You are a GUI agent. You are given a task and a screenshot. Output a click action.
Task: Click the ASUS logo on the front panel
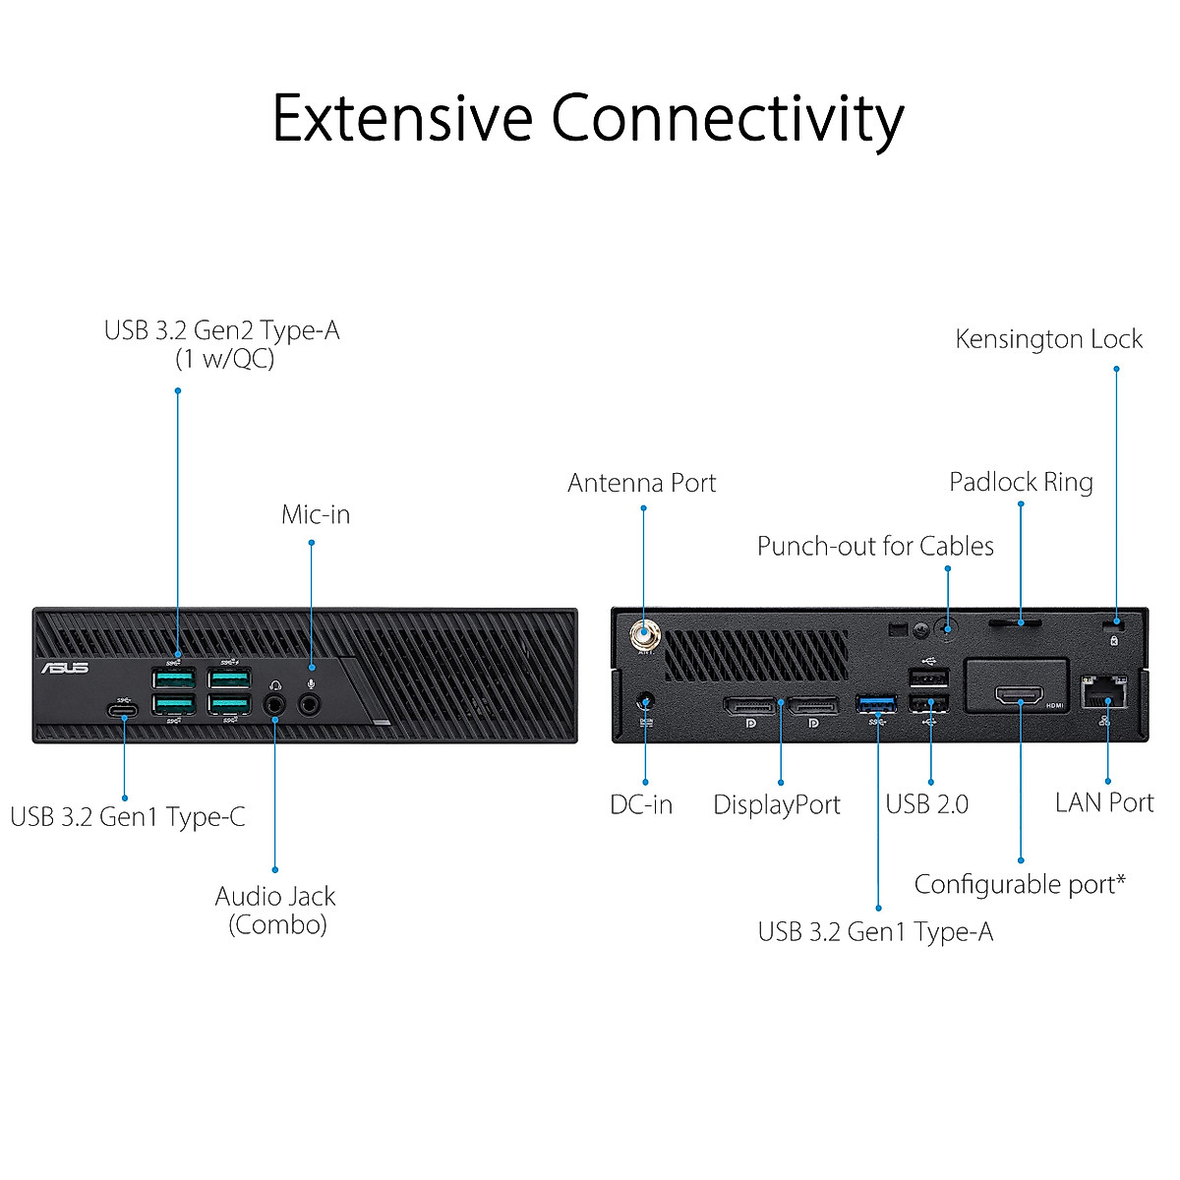pyautogui.click(x=65, y=668)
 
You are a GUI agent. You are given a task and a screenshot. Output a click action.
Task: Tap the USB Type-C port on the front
pyautogui.click(x=123, y=710)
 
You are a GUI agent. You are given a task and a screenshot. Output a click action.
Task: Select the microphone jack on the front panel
pyautogui.click(x=311, y=704)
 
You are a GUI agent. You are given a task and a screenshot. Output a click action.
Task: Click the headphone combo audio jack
pyautogui.click(x=275, y=704)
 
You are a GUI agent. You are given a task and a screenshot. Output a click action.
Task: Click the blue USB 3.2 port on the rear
pyautogui.click(x=876, y=703)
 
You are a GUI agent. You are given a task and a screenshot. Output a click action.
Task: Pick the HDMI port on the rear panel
pyautogui.click(x=1020, y=696)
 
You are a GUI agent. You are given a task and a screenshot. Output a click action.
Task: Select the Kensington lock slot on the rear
pyautogui.click(x=1114, y=623)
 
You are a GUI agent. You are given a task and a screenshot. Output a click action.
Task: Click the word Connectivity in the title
pyautogui.click(x=727, y=119)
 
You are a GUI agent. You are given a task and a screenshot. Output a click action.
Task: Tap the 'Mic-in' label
pyautogui.click(x=316, y=514)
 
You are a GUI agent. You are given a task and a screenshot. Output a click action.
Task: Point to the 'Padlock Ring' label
pyautogui.click(x=1021, y=482)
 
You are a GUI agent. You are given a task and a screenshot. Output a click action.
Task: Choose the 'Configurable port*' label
pyautogui.click(x=1020, y=884)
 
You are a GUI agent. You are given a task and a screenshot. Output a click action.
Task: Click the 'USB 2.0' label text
pyautogui.click(x=926, y=804)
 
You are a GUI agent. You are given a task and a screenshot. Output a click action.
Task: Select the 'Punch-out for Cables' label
pyautogui.click(x=875, y=546)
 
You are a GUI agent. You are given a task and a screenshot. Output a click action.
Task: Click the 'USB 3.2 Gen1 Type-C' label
pyautogui.click(x=128, y=816)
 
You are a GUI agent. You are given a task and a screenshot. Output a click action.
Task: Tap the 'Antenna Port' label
pyautogui.click(x=641, y=483)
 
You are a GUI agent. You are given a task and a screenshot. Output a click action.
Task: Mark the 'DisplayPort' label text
pyautogui.click(x=777, y=804)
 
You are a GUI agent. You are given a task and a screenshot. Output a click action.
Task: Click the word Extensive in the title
pyautogui.click(x=402, y=119)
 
